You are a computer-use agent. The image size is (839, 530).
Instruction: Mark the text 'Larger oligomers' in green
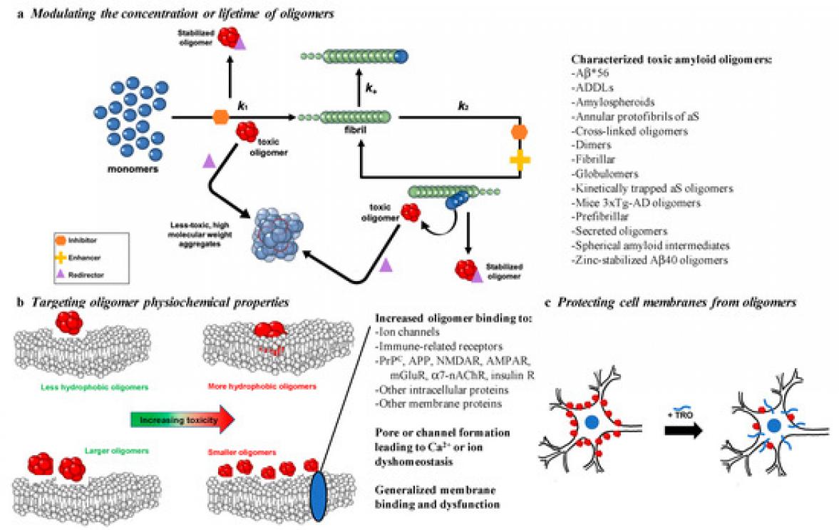click(101, 451)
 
